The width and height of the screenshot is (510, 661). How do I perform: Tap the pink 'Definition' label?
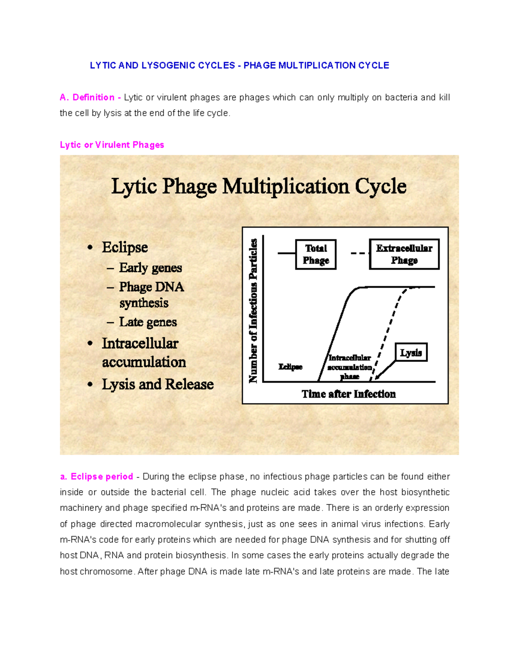(93, 97)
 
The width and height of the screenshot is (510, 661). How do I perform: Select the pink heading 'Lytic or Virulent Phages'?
(112, 145)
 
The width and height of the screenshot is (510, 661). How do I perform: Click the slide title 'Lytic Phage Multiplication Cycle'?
(259, 186)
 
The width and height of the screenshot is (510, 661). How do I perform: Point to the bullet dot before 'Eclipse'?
(90, 248)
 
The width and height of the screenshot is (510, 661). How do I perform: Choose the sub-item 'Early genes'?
(150, 268)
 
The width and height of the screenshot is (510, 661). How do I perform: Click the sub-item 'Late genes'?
(148, 322)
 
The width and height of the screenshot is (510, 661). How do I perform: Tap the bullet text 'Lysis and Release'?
(158, 384)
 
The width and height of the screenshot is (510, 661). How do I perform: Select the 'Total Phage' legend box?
(316, 254)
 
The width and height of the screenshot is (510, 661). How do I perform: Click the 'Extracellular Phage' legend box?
(404, 254)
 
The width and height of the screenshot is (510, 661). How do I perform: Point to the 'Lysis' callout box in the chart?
(411, 352)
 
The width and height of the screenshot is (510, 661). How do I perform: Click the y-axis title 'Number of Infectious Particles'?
(253, 311)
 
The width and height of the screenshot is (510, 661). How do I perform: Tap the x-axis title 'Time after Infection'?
(348, 394)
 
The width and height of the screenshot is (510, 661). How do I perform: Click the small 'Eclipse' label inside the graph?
(290, 367)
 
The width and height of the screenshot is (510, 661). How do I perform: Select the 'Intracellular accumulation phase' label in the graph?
(350, 367)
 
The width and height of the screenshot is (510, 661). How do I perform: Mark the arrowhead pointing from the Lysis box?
(378, 376)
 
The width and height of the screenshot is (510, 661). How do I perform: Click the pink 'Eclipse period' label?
(102, 477)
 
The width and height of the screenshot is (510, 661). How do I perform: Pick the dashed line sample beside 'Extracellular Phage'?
(360, 254)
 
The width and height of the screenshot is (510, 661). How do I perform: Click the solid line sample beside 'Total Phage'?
(286, 254)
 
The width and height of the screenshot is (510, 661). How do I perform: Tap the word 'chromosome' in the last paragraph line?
(109, 572)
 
